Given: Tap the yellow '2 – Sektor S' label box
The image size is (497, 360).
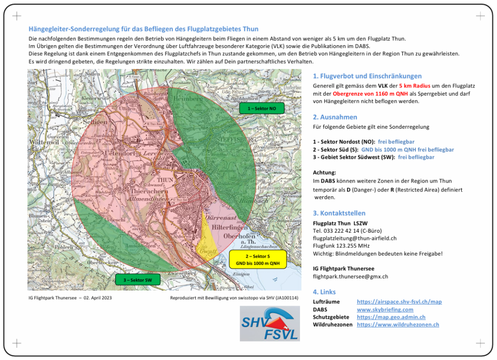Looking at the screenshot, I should [258, 260].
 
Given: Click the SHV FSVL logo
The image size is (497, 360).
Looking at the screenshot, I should [269, 324].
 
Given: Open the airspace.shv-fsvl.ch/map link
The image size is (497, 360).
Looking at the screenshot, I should [399, 302].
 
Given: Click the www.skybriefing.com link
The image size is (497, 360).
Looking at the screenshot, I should [385, 309].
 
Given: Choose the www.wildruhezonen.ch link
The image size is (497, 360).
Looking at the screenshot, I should [398, 325].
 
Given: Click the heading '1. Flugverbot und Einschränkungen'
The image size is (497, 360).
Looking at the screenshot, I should [367, 76].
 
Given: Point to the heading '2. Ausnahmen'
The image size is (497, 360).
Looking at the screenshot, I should [335, 117].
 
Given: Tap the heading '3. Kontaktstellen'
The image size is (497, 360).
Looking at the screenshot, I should [339, 213].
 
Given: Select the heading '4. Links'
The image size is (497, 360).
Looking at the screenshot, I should [324, 292].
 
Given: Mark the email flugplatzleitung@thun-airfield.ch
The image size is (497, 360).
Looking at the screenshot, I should [354, 238].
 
